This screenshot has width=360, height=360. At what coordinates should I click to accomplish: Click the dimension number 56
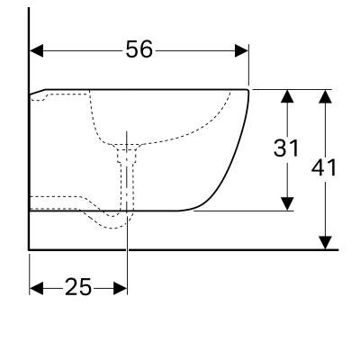point(139,49)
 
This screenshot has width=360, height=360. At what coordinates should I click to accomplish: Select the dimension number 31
point(286,148)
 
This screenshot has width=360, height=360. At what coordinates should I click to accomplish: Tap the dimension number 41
point(324,167)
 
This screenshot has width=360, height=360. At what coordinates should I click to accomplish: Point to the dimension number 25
point(78,287)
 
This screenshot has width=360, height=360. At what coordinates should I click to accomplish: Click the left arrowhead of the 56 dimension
point(37,50)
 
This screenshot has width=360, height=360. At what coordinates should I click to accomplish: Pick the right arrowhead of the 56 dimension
point(241,50)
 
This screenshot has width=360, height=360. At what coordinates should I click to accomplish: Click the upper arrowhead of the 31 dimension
point(288,96)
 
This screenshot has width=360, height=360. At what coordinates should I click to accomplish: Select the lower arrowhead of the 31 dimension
point(288,203)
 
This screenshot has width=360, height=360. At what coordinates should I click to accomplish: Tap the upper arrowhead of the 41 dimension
point(325,96)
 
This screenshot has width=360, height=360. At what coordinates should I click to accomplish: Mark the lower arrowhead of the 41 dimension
point(325,243)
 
